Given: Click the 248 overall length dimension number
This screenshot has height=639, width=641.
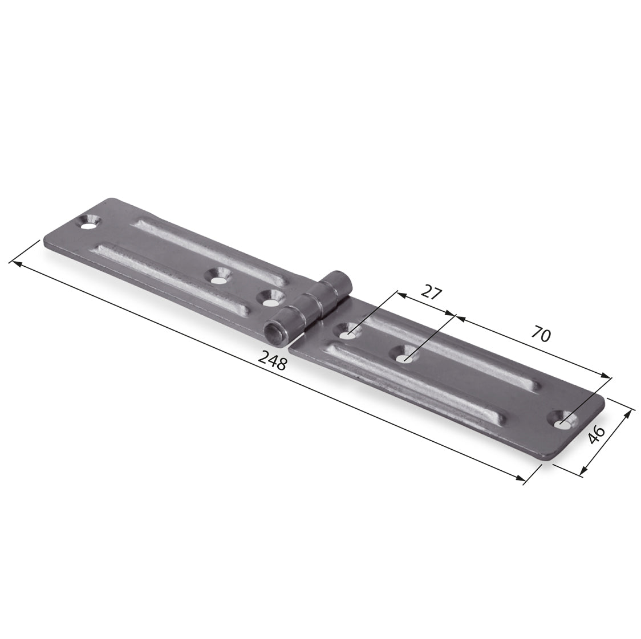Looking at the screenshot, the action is (273, 361).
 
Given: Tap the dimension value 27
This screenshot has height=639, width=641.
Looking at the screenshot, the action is (432, 292).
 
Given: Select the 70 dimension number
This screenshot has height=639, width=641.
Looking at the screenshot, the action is (541, 334).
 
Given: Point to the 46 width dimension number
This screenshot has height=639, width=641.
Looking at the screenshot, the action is (596, 434).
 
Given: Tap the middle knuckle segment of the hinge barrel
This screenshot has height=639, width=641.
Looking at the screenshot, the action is (308, 310).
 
